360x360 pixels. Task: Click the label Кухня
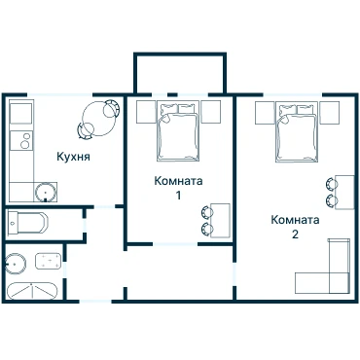tap(73, 157)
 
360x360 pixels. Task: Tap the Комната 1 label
tap(178, 188)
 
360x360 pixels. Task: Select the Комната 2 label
tap(295, 227)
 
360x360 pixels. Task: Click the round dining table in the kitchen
tap(97, 119)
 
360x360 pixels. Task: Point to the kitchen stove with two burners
tap(21, 141)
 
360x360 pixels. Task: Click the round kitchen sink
tap(46, 193)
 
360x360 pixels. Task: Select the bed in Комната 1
tap(178, 131)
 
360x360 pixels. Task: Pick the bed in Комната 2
tap(297, 131)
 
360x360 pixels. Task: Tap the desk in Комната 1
tap(220, 221)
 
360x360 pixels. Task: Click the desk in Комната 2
tap(344, 192)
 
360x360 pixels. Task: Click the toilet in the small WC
tap(27, 223)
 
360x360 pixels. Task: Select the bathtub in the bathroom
tap(32, 291)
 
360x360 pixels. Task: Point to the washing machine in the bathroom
tap(48, 262)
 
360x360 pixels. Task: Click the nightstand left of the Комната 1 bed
tap(146, 112)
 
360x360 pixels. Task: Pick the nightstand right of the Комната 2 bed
tap(330, 113)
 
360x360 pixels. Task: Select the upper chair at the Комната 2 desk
tap(331, 184)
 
